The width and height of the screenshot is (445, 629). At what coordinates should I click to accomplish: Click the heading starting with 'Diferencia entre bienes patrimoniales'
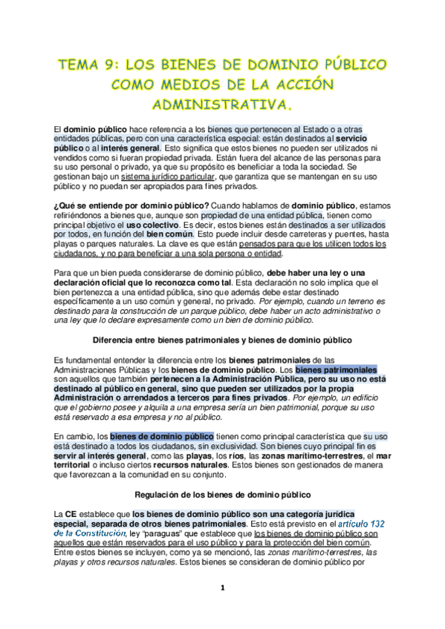pyautogui.click(x=222, y=339)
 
